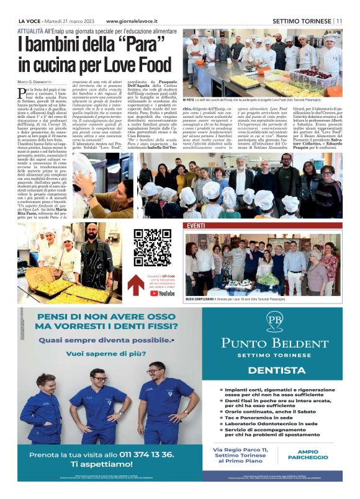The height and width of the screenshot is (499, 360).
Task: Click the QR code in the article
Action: pyautogui.click(x=148, y=245)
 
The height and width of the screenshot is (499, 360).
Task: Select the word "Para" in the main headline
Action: pyautogui.click(x=132, y=45)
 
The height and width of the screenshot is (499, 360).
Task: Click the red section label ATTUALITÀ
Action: pyautogui.click(x=30, y=30)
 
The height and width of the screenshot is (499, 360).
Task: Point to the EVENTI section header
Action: pyautogui.click(x=196, y=225)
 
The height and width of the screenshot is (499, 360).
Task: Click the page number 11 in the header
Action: pyautogui.click(x=339, y=20)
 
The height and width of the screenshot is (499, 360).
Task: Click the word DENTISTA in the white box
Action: pyautogui.click(x=274, y=369)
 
